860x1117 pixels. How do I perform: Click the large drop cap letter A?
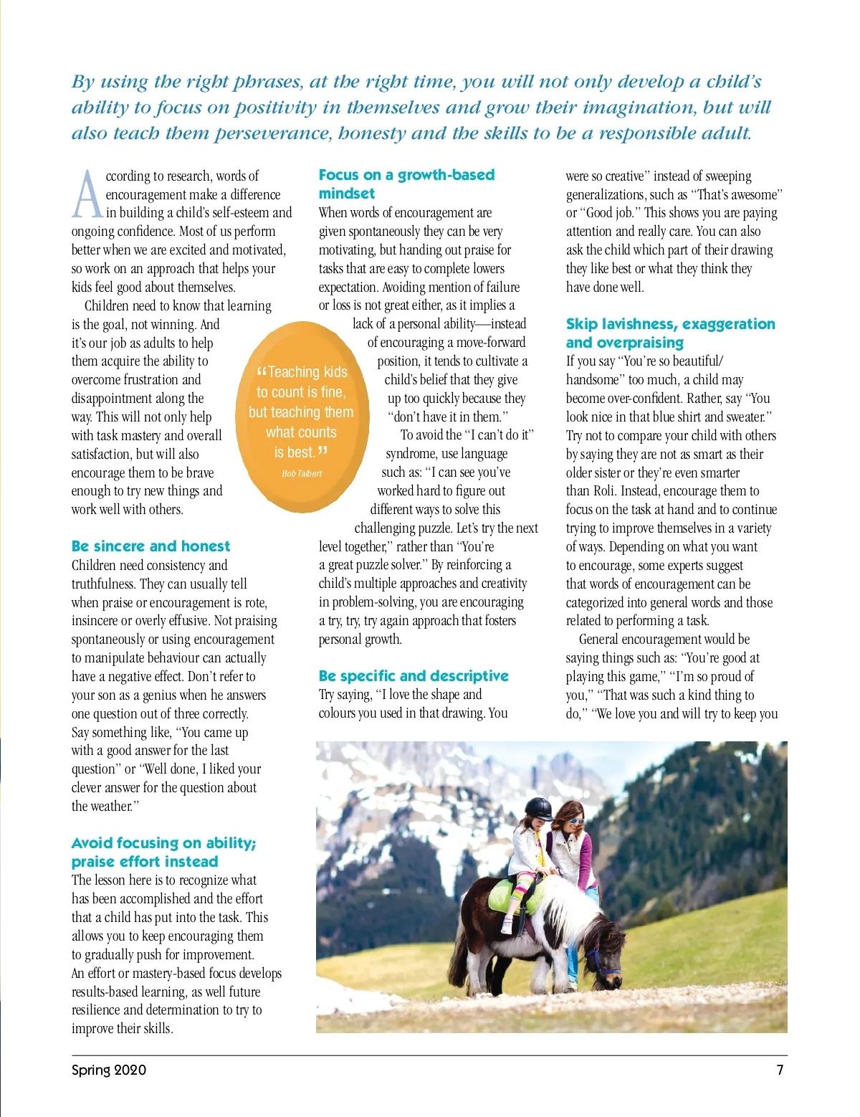click(87, 194)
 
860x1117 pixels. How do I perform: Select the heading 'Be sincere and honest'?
click(150, 546)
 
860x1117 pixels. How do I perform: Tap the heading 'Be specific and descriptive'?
click(414, 676)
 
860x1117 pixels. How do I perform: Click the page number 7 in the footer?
click(780, 1070)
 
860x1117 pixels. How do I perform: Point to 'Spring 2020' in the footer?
click(109, 1070)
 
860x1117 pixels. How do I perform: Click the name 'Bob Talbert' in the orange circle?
click(302, 474)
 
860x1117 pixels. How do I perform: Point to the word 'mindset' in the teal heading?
click(347, 194)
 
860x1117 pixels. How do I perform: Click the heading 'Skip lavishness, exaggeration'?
click(670, 324)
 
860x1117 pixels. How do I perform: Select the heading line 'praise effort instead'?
click(145, 862)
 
